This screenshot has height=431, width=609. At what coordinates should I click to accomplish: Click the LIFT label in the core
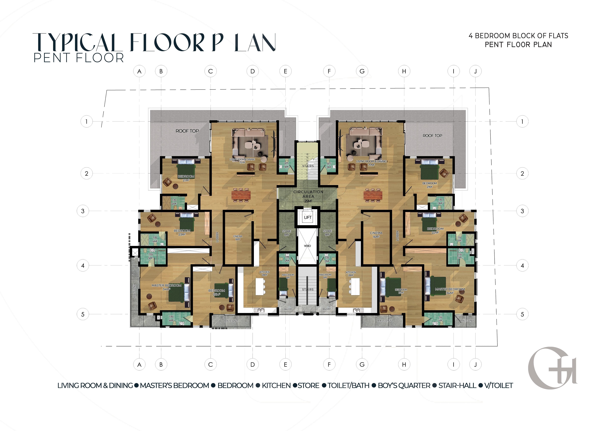coord(308,217)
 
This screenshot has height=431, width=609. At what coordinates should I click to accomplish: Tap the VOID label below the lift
coord(307,246)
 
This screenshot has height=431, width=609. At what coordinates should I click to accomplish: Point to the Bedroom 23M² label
coord(182,232)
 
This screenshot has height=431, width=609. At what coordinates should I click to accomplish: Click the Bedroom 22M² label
coord(435,230)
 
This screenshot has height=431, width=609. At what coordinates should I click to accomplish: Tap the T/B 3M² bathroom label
coord(440,201)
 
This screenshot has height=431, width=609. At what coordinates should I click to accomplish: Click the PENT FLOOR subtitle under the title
coord(79,58)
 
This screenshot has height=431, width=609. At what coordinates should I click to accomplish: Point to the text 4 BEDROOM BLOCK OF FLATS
coord(518,36)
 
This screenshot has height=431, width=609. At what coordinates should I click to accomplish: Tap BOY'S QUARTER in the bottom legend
coord(404,386)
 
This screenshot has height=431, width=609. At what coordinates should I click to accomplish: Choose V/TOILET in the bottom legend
coord(499,386)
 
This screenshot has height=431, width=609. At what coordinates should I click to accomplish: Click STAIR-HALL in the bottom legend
coord(457,386)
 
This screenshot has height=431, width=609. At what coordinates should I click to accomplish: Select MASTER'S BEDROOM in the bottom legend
coord(175,386)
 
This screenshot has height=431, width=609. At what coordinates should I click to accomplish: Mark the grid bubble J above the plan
coord(475,71)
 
